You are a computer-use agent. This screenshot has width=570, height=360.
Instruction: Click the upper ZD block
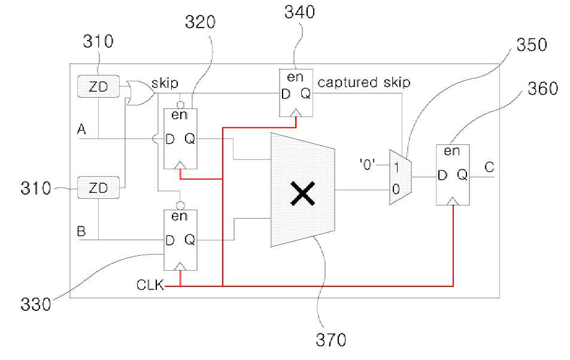click(x=98, y=86)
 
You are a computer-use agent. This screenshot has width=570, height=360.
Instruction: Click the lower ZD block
click(x=98, y=187)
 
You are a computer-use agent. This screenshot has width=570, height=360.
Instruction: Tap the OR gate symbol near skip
click(x=141, y=93)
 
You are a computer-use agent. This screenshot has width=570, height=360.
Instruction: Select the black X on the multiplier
click(x=302, y=193)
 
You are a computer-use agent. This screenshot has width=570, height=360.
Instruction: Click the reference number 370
click(x=331, y=340)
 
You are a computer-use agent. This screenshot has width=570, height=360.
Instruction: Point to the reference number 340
click(x=299, y=13)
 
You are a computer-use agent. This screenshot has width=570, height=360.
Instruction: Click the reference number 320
click(x=200, y=22)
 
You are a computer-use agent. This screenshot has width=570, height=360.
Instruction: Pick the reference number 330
click(x=36, y=304)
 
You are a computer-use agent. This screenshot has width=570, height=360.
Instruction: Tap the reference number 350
click(x=532, y=45)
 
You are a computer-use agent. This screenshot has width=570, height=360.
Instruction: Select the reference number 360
click(x=542, y=89)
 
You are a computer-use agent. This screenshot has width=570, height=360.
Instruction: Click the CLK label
click(x=150, y=285)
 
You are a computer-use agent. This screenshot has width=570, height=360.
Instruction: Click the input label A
click(x=81, y=129)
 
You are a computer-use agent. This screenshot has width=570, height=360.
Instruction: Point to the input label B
click(x=81, y=231)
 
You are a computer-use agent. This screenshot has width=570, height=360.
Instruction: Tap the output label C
click(x=489, y=167)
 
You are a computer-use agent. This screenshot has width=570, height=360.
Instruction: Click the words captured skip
click(x=364, y=83)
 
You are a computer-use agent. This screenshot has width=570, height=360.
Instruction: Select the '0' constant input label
click(x=367, y=165)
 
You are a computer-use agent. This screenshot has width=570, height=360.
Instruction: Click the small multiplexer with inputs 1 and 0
click(x=400, y=177)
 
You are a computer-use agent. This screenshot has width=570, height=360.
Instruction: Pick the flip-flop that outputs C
click(x=453, y=175)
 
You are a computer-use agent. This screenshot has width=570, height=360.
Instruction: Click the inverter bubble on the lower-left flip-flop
click(x=180, y=206)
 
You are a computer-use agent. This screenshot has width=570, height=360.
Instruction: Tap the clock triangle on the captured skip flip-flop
click(x=296, y=113)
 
